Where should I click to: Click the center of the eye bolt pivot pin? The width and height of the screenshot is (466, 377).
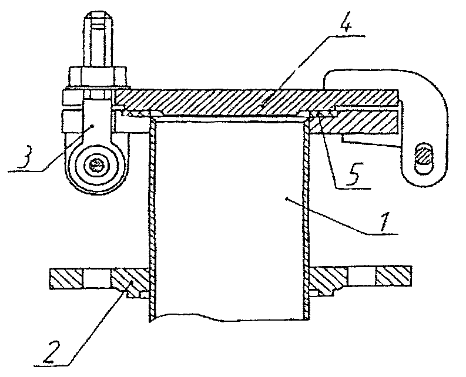point(96,166)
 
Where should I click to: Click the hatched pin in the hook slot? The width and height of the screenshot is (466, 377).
point(423,156)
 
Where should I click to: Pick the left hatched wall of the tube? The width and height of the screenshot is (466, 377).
point(152,217)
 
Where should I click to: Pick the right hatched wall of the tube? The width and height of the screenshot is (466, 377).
point(306,217)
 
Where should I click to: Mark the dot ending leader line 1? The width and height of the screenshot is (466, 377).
point(287,199)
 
